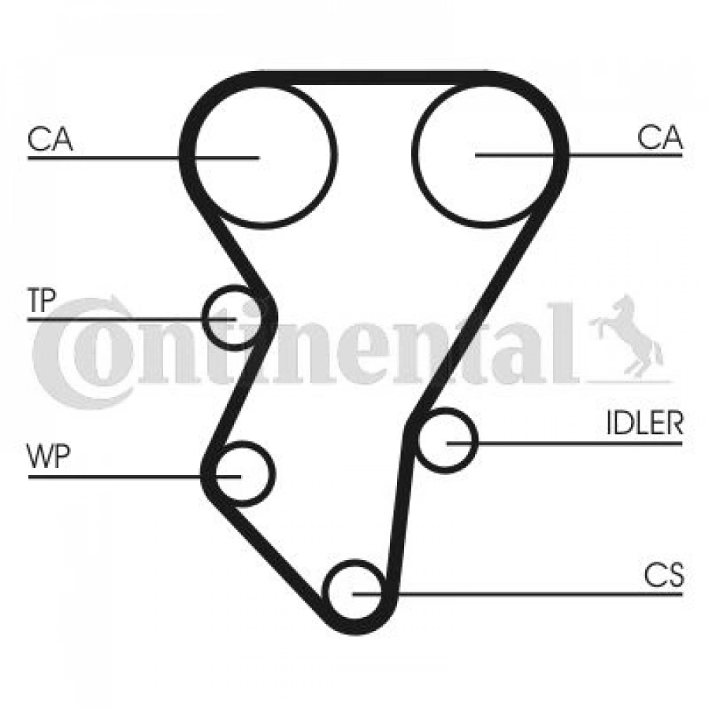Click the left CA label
tap(50, 139)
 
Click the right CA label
tap(659, 137)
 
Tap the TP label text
tap(42, 300)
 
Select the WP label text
tap(49, 457)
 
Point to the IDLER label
tap(644, 423)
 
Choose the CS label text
tap(664, 575)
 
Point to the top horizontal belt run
tap(374, 78)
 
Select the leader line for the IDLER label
tap(564, 444)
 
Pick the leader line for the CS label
tap(518, 594)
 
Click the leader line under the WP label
tap(134, 477)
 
